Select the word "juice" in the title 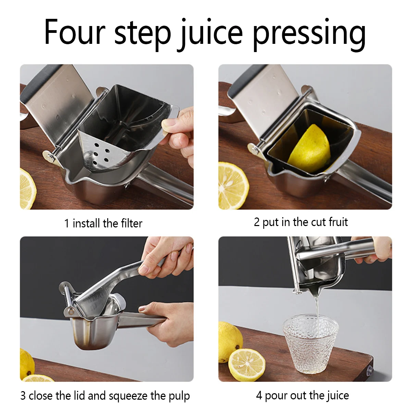point(211,33)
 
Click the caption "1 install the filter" point(103,223)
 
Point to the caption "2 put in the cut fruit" point(301,222)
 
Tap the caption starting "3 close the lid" point(105,396)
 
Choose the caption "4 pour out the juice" point(302,395)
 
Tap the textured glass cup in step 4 point(310,342)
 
